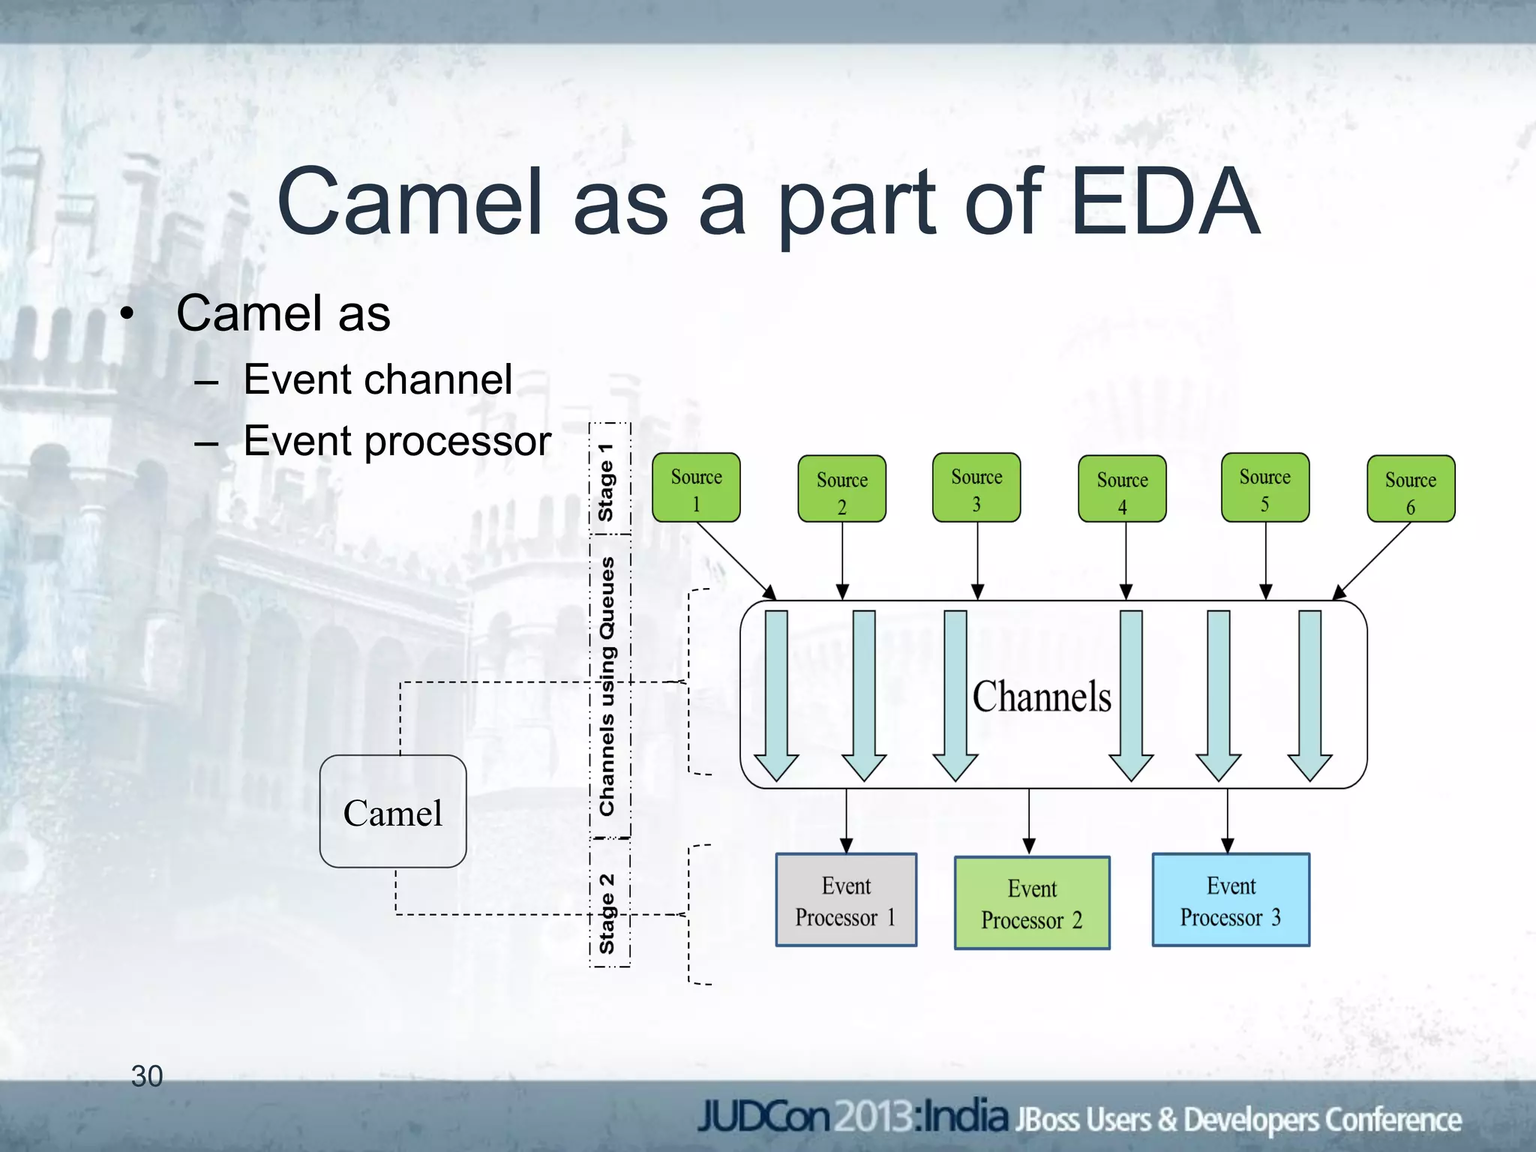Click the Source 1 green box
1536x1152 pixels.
[696, 487]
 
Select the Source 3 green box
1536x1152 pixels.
[976, 487]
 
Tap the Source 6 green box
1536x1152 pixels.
[1411, 489]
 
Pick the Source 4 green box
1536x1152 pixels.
[1122, 489]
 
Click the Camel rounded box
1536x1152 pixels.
[393, 811]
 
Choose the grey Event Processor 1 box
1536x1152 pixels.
[846, 900]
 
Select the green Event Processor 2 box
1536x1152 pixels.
[1032, 903]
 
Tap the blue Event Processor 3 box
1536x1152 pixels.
[1231, 900]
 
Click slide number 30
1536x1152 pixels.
[147, 1075]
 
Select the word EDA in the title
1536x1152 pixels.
[1164, 201]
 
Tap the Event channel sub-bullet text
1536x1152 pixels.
[378, 379]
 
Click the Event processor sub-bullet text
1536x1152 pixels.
[397, 441]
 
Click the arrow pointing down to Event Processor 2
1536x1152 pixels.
[1029, 821]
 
